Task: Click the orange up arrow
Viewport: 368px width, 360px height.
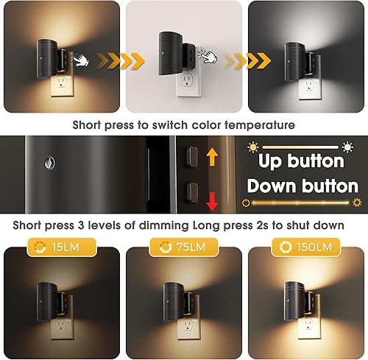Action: tap(213, 155)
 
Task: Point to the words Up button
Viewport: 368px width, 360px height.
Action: tap(296, 160)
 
